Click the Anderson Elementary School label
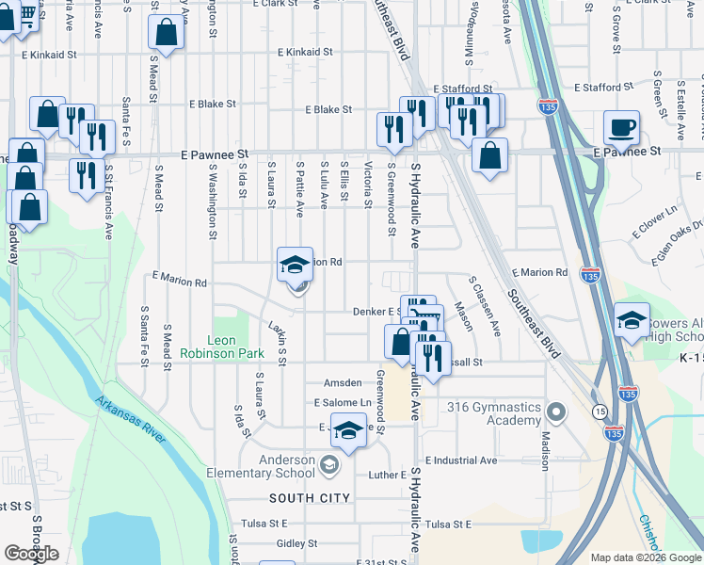coord(276,466)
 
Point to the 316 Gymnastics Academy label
coord(495,413)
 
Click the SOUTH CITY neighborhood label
coord(310,498)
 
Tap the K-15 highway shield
coord(691,359)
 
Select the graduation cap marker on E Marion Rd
coord(295,266)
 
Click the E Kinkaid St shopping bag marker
coord(166,33)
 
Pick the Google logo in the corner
coord(31,554)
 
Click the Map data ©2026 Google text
coord(645,557)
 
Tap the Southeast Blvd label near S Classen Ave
coord(532,322)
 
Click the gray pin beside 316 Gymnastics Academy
coord(556,412)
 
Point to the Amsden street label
coord(343,383)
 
